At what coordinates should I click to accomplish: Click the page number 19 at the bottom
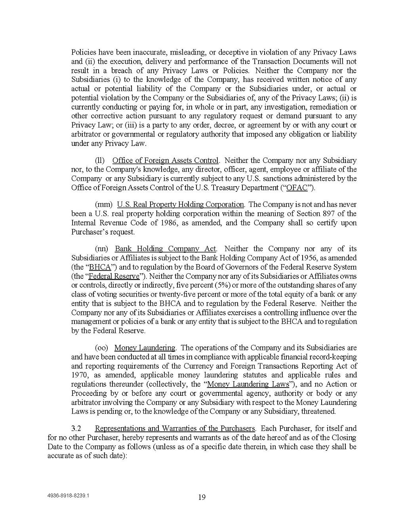click(202, 497)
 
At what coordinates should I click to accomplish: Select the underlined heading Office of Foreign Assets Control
click(166, 161)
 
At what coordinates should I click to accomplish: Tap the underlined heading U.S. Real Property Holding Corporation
click(181, 204)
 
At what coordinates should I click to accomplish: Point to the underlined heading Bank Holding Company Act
click(166, 249)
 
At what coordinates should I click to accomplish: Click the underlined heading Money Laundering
click(145, 348)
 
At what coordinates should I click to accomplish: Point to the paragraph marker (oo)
click(102, 348)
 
